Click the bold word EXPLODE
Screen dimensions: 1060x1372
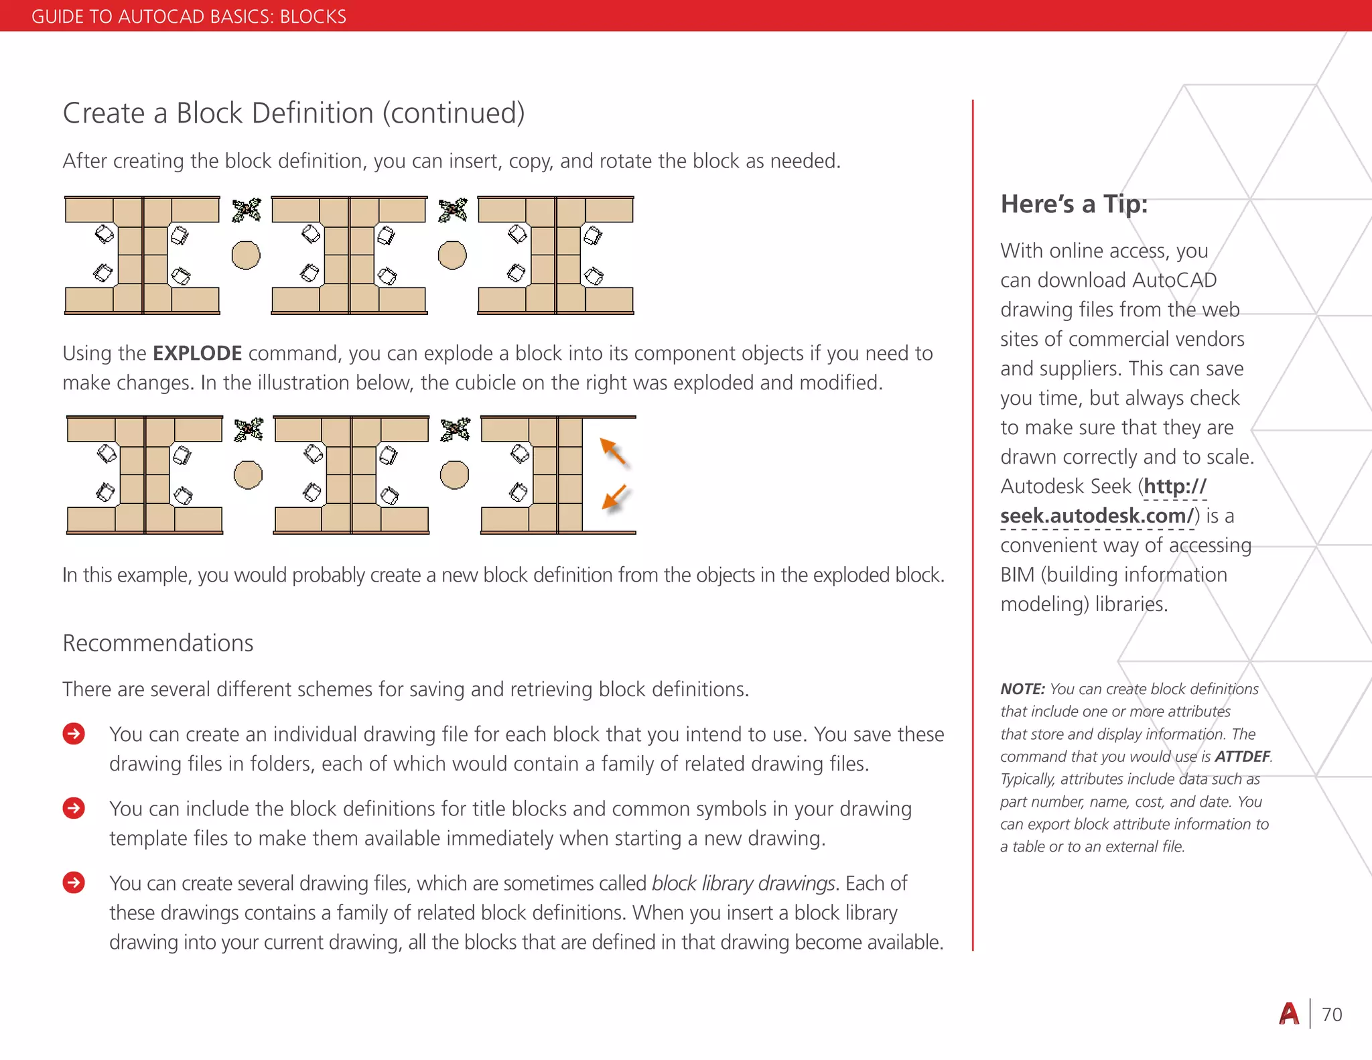tap(197, 353)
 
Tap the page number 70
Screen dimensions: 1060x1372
tap(1332, 1014)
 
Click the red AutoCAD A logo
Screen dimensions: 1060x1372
tap(1289, 1014)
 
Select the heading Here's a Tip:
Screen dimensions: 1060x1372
tap(1074, 204)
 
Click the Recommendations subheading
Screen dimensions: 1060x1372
tap(158, 643)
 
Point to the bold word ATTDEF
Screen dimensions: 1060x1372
tap(1242, 756)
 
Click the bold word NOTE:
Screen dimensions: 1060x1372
tap(1022, 689)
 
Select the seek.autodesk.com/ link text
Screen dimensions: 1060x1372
tap(1097, 516)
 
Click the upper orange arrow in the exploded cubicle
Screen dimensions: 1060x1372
tap(613, 451)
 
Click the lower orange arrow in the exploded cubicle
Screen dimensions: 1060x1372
tap(614, 498)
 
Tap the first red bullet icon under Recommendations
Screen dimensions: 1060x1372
tap(74, 734)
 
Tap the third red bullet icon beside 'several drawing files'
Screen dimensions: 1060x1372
tap(74, 883)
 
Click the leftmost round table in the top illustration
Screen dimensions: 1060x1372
tap(246, 255)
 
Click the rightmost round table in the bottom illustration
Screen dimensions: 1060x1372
tap(454, 475)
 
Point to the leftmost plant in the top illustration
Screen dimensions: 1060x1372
tap(247, 210)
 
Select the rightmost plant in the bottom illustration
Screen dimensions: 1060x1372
tap(456, 429)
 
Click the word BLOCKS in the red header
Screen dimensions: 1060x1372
tap(313, 16)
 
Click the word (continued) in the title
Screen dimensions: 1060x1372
tap(454, 113)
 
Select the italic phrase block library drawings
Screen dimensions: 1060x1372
tap(744, 883)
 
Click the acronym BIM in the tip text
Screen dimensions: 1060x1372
tap(1018, 575)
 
